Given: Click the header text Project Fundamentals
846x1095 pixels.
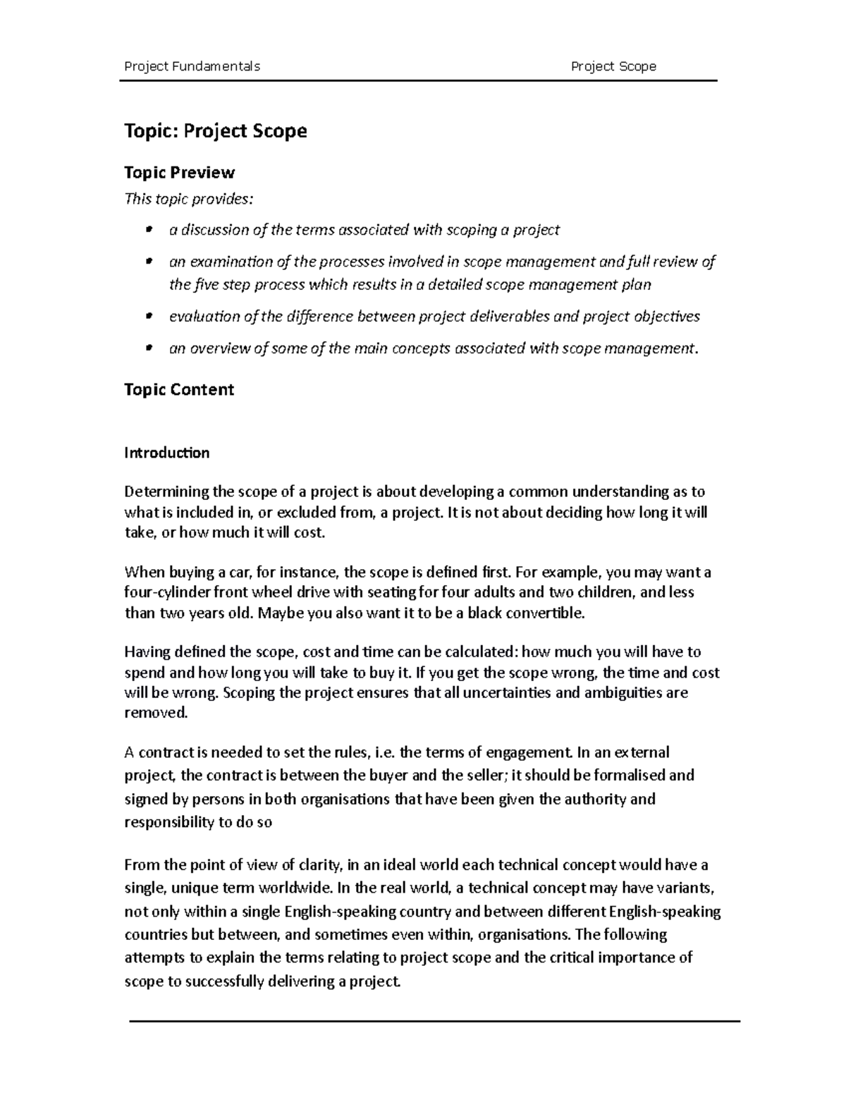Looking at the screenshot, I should tap(192, 66).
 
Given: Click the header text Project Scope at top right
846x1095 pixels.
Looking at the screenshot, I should tap(613, 66).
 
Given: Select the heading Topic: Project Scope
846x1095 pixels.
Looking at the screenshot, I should tap(215, 131).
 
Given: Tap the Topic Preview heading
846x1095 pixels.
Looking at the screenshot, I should tap(179, 173).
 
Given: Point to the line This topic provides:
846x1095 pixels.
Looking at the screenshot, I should tap(187, 199).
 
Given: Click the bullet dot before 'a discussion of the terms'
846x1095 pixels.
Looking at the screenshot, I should tap(148, 230).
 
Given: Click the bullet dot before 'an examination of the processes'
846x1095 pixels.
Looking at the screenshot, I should tap(148, 262).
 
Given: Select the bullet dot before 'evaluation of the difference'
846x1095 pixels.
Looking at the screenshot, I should tap(148, 317).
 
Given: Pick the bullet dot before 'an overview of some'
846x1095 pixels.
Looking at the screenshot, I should tap(148, 348).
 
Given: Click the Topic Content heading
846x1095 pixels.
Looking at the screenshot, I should tap(179, 390).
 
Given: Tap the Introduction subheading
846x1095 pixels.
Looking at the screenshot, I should tap(166, 453).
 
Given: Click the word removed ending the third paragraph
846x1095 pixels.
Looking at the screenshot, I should tap(156, 713).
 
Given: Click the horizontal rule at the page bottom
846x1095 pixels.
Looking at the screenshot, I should tap(434, 1020).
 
